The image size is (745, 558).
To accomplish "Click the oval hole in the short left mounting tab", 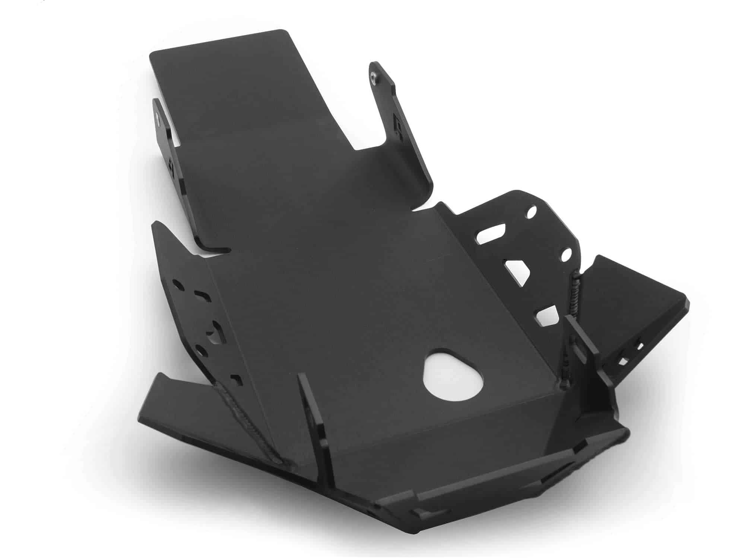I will pos(159,120).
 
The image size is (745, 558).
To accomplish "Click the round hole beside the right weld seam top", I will pos(566,255).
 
